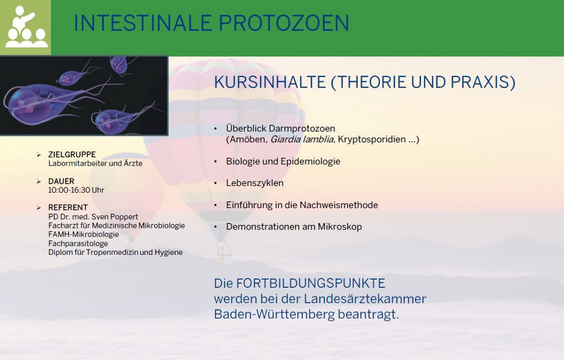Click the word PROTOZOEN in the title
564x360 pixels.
pos(284,23)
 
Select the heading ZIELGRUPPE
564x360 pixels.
pos(72,155)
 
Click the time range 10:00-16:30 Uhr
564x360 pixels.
pos(76,190)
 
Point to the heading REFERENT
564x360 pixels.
pos(68,208)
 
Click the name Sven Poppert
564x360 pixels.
pos(115,217)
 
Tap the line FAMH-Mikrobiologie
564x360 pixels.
pos(84,234)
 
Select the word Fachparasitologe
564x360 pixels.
pos(78,243)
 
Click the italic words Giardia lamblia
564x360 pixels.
pos(302,139)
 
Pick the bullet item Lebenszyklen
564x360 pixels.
pos(254,183)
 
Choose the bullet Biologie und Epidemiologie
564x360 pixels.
pos(283,161)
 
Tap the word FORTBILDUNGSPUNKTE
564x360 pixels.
pos(311,283)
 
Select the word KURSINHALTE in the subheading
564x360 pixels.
pos(270,82)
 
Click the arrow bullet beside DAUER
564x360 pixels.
pos(39,181)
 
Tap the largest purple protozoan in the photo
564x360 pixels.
pos(36,102)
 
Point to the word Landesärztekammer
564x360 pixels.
pos(365,299)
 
